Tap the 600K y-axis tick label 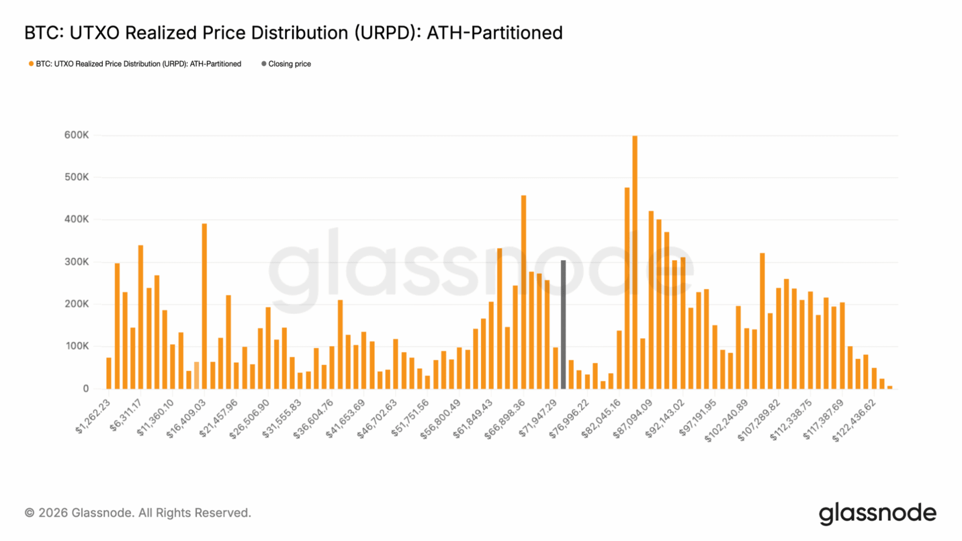pos(76,135)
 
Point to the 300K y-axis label pos(76,261)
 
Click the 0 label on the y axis pos(86,389)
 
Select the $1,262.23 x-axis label pos(93,417)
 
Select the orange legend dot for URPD pos(31,64)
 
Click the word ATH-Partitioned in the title pos(495,33)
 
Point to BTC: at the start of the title pos(44,33)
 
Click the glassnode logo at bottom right pos(877,513)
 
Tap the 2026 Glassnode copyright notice pos(138,513)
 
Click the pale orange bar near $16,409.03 pos(196,375)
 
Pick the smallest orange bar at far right pos(890,387)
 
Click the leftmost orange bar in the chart pos(109,373)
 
